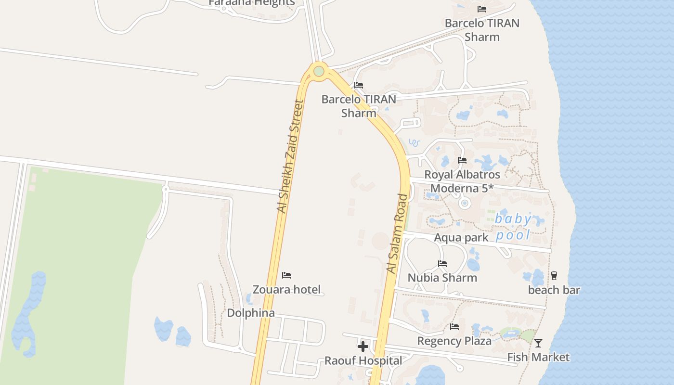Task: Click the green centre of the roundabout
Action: coord(319,72)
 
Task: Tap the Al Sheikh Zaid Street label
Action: coord(290,156)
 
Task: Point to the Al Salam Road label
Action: coord(397,233)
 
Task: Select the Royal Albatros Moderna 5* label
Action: coord(462,181)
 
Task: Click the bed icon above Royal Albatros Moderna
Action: coord(462,160)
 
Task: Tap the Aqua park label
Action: coord(461,238)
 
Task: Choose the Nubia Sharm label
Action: coord(442,278)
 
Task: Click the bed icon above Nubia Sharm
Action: coord(442,264)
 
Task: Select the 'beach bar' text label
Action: coord(554,290)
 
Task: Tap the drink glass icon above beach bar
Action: coord(554,276)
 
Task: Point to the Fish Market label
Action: coord(538,357)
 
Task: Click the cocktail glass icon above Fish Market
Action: coord(538,343)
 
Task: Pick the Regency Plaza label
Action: coord(454,341)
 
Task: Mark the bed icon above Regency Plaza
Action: coord(454,327)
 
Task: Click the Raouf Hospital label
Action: coord(363,360)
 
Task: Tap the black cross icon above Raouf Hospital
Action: coord(363,346)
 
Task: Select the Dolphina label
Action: coord(251,313)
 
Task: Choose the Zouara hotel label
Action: coord(286,289)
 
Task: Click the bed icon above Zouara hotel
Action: coord(286,275)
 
